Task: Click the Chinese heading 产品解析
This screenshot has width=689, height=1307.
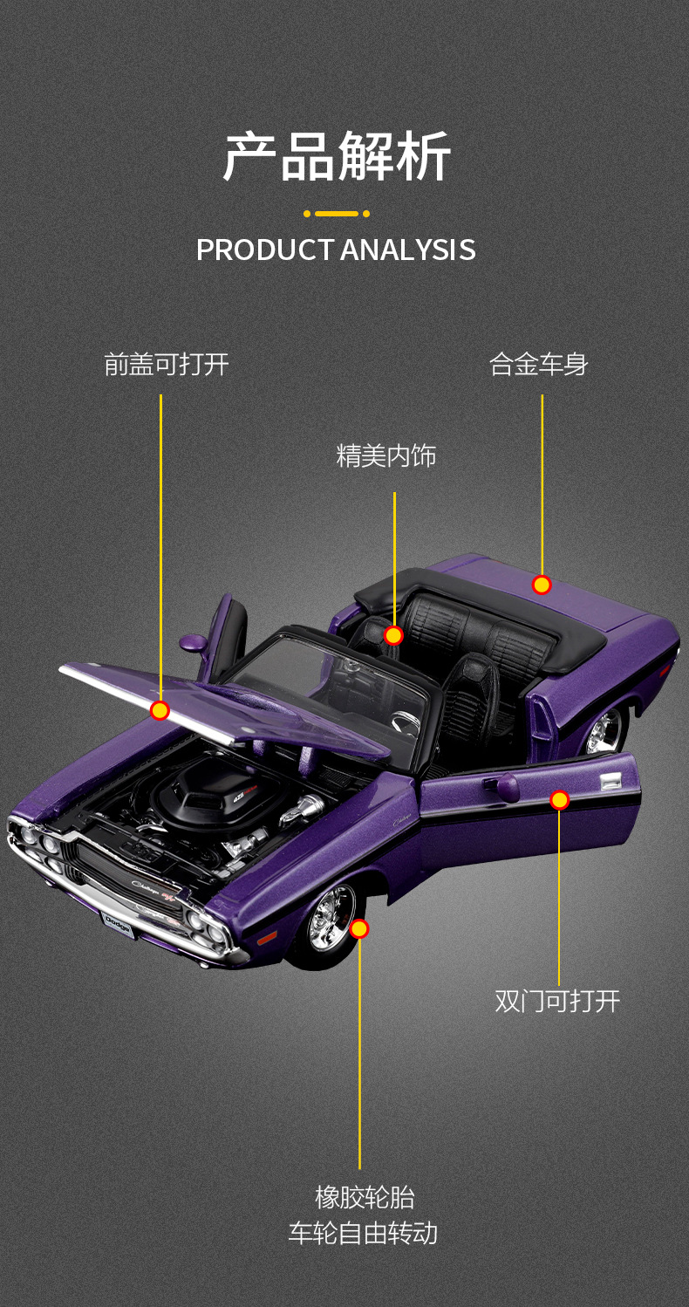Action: click(x=337, y=157)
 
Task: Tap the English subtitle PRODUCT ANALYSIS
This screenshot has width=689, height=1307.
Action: click(x=336, y=250)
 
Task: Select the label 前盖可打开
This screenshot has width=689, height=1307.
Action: click(x=166, y=364)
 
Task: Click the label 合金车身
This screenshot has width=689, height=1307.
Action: click(x=538, y=364)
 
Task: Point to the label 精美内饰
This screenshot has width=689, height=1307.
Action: click(x=385, y=455)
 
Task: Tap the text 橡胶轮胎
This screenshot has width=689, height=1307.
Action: click(x=364, y=1196)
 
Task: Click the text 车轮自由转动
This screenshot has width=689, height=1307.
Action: click(x=363, y=1234)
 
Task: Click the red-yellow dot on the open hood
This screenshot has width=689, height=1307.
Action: click(x=160, y=710)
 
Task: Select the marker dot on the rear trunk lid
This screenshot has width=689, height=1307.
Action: click(x=542, y=585)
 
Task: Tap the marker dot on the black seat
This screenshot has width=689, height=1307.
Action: click(x=393, y=635)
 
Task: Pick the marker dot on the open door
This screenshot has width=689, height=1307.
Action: click(x=560, y=799)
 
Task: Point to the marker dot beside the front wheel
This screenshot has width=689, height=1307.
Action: click(x=359, y=929)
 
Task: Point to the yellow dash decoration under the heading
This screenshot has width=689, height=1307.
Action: click(x=337, y=214)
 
